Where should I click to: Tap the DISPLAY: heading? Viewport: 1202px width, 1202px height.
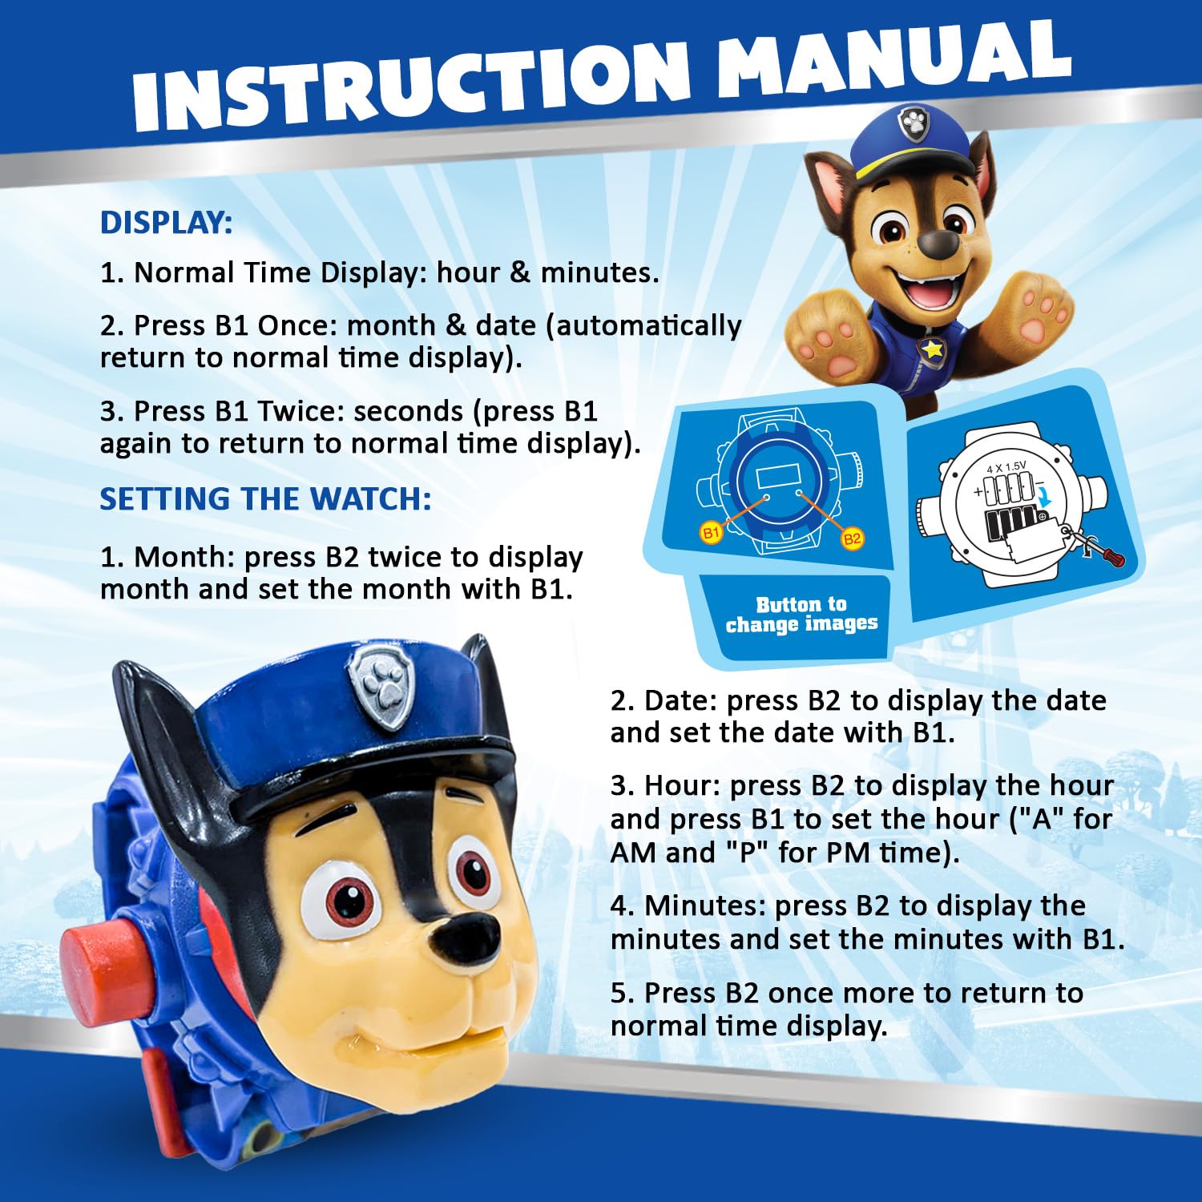coord(166,223)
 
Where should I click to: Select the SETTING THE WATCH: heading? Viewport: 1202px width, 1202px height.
coord(265,499)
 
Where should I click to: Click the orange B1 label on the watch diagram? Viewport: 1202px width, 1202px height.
coord(711,532)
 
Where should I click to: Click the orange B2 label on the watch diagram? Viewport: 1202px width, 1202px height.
coord(852,538)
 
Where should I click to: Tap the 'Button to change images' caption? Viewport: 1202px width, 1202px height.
coord(801,614)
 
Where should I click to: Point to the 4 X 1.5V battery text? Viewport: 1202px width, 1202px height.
coord(1006,467)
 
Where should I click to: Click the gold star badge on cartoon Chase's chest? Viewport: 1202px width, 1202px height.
coord(932,349)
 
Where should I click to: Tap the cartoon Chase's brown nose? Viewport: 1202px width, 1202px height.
coord(935,244)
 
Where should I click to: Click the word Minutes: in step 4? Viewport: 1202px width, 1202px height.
coord(705,906)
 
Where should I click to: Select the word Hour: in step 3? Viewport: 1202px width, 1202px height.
coord(681,785)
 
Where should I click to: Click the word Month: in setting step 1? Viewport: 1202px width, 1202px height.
coord(184,557)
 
